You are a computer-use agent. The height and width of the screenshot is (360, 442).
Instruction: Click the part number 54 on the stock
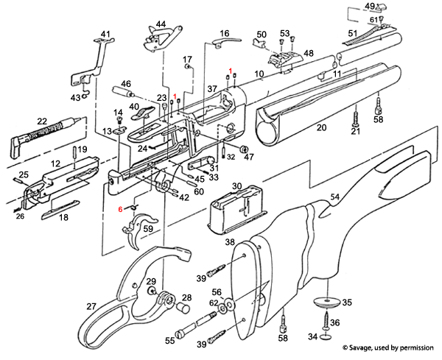click(334, 197)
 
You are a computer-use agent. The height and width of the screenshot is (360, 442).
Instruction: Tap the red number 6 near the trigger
click(120, 209)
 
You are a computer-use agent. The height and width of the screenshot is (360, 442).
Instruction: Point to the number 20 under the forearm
click(321, 128)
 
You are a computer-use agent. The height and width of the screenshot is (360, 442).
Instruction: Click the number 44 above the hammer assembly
click(161, 25)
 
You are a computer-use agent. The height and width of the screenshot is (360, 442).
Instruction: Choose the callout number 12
click(55, 163)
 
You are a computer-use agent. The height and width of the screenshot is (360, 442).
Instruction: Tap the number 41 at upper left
click(105, 34)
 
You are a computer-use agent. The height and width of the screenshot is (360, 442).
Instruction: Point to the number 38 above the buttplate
click(230, 241)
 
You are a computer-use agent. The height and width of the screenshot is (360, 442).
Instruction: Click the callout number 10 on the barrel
click(259, 74)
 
